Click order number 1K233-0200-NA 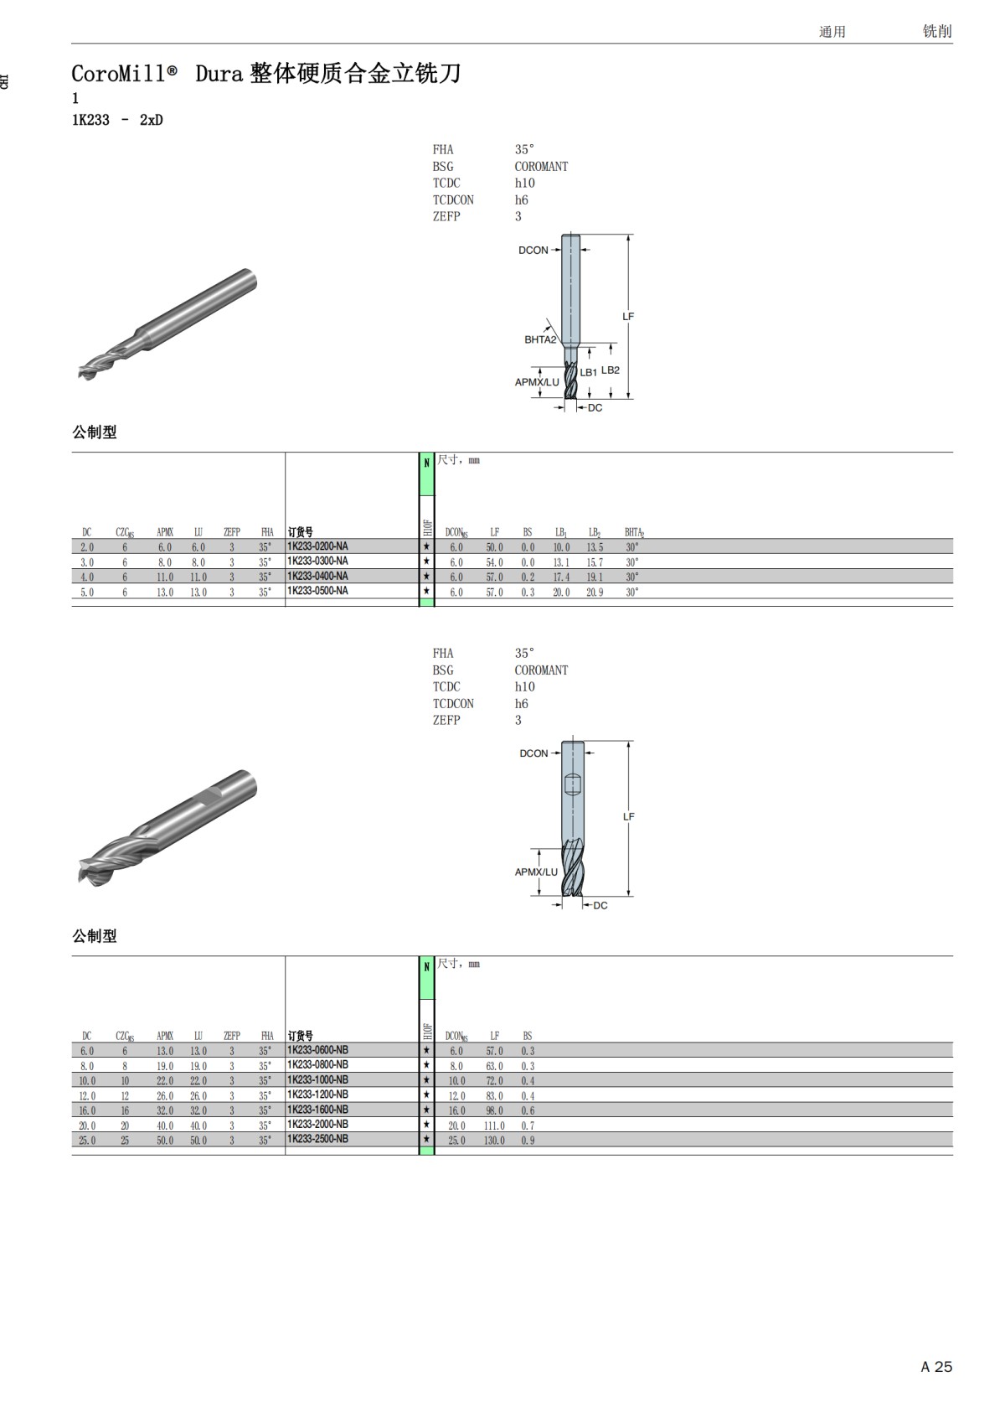click(x=317, y=546)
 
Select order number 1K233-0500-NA click(x=317, y=591)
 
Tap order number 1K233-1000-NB click(x=317, y=1080)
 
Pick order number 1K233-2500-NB click(x=317, y=1139)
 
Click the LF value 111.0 click(x=495, y=1125)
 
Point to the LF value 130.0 click(x=495, y=1141)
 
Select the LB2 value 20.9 click(x=595, y=592)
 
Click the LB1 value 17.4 click(x=561, y=577)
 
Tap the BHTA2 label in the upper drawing click(x=540, y=340)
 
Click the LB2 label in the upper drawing click(x=610, y=370)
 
